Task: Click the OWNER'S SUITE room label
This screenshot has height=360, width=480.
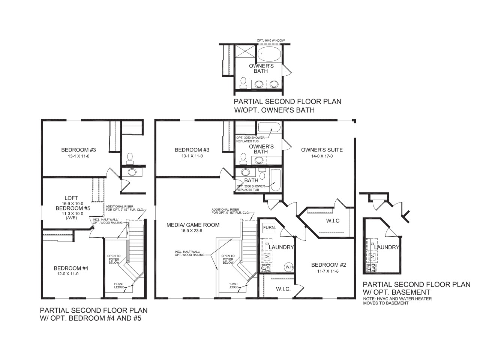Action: click(x=322, y=150)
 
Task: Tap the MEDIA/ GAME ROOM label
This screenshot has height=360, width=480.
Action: click(x=193, y=225)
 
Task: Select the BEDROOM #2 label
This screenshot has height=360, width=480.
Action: click(x=328, y=265)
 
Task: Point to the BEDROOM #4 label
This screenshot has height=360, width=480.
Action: click(x=71, y=268)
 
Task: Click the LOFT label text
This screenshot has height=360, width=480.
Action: click(x=71, y=198)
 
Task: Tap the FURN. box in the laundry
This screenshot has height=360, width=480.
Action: click(x=269, y=228)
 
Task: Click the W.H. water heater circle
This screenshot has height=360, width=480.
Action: click(x=289, y=267)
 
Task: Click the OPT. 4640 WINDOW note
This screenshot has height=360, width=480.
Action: click(x=271, y=40)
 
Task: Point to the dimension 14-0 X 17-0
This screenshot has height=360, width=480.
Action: click(x=322, y=156)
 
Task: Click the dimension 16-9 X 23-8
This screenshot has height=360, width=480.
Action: click(x=191, y=231)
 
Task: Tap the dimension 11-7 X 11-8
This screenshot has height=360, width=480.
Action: click(x=328, y=271)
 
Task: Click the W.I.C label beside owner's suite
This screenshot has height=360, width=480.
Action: click(x=333, y=221)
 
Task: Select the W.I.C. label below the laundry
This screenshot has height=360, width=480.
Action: click(x=283, y=289)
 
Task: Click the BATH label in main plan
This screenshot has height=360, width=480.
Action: click(x=251, y=180)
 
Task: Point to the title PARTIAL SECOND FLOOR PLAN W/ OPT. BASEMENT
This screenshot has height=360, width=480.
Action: click(x=417, y=288)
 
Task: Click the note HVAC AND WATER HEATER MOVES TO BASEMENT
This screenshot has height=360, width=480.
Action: click(x=397, y=301)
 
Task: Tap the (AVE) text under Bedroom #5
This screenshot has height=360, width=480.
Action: click(x=72, y=218)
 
